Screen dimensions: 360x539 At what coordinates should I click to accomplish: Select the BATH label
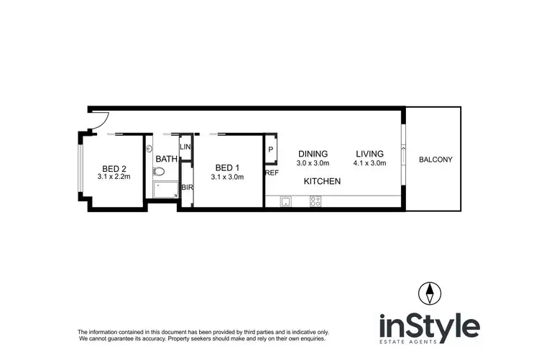click(x=166, y=159)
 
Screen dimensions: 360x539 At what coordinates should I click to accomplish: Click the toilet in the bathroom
click(x=160, y=172)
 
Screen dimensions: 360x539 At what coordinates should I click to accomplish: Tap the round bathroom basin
click(x=149, y=149)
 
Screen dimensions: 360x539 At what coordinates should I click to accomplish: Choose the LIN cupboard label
click(x=185, y=147)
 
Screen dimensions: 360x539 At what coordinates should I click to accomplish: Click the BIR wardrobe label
click(x=185, y=187)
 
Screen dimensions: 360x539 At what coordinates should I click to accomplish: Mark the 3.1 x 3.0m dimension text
click(x=227, y=176)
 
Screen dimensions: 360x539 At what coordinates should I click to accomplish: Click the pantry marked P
click(x=271, y=149)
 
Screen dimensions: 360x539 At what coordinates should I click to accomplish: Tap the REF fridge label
click(x=272, y=173)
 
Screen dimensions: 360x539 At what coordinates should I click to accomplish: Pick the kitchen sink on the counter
click(x=285, y=202)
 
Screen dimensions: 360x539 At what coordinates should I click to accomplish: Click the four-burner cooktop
click(x=315, y=202)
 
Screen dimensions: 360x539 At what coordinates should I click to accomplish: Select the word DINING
click(x=313, y=154)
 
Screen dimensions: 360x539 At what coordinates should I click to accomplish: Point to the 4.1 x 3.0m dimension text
click(x=369, y=163)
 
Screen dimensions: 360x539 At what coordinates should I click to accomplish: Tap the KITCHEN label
click(x=321, y=182)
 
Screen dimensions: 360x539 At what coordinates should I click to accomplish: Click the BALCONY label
click(x=436, y=160)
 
